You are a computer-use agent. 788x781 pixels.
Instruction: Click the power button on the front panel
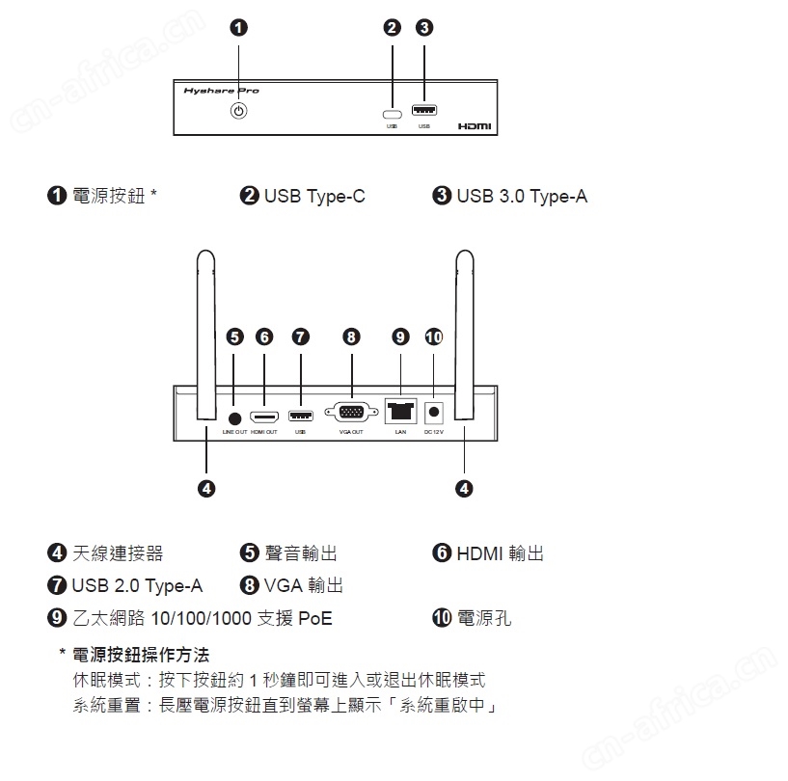click(x=239, y=111)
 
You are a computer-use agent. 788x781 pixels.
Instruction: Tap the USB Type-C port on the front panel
click(x=392, y=111)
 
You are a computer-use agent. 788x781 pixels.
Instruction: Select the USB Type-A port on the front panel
click(x=423, y=110)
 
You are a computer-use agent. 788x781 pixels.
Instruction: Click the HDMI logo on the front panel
click(x=474, y=126)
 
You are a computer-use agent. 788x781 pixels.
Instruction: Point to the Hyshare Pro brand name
click(x=221, y=91)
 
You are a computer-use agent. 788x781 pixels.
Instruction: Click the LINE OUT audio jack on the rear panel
click(x=235, y=417)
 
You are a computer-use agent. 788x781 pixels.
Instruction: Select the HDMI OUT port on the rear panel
click(x=264, y=417)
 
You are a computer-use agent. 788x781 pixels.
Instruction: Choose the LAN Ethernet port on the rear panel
click(x=400, y=412)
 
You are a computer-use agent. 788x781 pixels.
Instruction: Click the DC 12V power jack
click(x=434, y=413)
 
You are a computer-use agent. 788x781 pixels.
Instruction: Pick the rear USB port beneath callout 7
click(x=301, y=417)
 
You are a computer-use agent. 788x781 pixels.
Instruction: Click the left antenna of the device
click(x=204, y=336)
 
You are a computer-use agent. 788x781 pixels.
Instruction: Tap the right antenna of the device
click(x=464, y=336)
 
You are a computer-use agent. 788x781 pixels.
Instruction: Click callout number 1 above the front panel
click(x=239, y=27)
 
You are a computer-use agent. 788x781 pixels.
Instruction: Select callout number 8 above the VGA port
click(x=351, y=337)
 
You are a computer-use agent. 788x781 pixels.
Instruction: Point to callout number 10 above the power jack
click(x=434, y=337)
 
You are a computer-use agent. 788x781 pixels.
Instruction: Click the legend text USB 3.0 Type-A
click(x=522, y=197)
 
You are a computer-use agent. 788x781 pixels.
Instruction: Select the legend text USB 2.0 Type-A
click(x=137, y=585)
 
